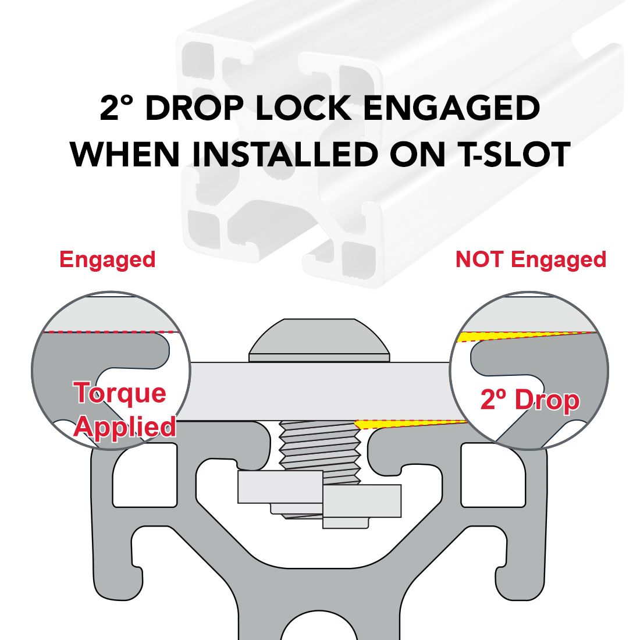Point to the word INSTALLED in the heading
285,154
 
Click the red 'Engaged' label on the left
108,259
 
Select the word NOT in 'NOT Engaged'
481,259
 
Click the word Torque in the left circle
120,393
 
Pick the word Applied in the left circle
125,426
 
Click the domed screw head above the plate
319,340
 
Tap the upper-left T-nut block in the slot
280,487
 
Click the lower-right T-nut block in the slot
362,501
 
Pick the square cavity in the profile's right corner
493,475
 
